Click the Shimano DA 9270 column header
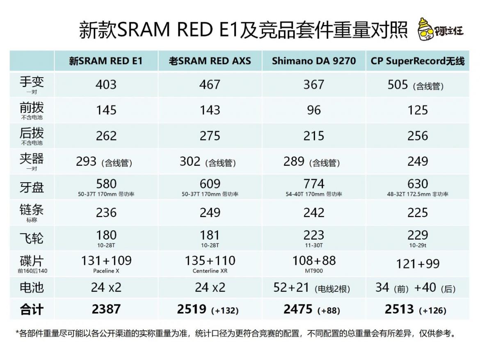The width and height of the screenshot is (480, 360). point(314,61)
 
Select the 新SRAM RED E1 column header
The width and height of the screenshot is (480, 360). point(106,61)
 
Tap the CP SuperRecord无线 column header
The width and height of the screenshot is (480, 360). point(418,61)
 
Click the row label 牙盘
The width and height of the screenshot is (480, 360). point(32,187)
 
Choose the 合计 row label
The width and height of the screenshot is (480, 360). point(32,309)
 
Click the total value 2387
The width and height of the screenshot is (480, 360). point(106,309)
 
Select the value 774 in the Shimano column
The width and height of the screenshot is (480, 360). point(314,183)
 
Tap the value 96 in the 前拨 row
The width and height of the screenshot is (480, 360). point(314,110)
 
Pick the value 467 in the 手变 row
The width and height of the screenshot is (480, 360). point(210,85)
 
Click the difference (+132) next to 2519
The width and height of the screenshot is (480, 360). point(225,310)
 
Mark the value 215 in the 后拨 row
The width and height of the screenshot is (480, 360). point(314,136)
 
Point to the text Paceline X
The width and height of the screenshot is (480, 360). point(106,271)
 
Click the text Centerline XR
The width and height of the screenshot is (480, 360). point(210,271)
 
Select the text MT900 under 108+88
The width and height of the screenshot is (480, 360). point(314,271)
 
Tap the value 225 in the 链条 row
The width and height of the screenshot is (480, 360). point(418,213)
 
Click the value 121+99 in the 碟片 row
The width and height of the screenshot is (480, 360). point(418,264)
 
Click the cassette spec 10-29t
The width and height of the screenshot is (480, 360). point(418,245)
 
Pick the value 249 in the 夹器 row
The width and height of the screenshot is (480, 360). point(418,161)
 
